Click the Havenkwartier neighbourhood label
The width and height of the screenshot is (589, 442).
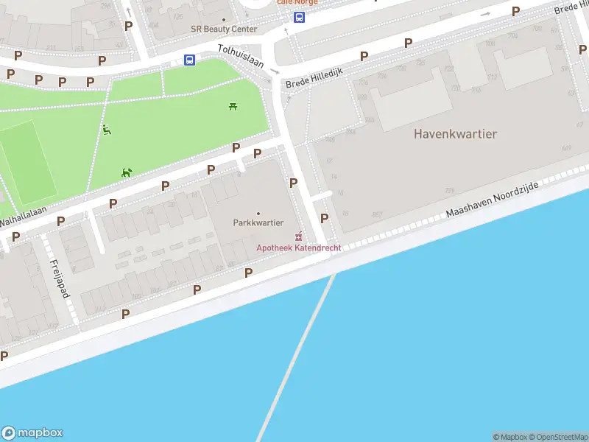pyautogui.click(x=455, y=134)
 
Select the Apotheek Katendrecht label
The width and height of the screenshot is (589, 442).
pyautogui.click(x=298, y=248)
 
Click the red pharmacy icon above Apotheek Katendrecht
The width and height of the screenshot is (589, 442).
pyautogui.click(x=298, y=236)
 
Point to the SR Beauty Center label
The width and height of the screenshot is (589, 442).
pyautogui.click(x=225, y=29)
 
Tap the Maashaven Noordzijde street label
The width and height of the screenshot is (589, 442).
pyautogui.click(x=492, y=200)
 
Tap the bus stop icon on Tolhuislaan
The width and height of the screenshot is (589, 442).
pyautogui.click(x=189, y=60)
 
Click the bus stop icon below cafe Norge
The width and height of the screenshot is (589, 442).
pyautogui.click(x=299, y=18)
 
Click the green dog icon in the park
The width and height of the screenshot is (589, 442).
pyautogui.click(x=127, y=172)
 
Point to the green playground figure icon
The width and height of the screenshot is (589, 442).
pyautogui.click(x=107, y=130)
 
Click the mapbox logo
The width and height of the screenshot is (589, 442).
pyautogui.click(x=32, y=433)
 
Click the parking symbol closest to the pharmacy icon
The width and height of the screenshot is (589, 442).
pyautogui.click(x=324, y=218)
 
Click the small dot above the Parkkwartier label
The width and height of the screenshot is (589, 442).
pyautogui.click(x=258, y=213)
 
